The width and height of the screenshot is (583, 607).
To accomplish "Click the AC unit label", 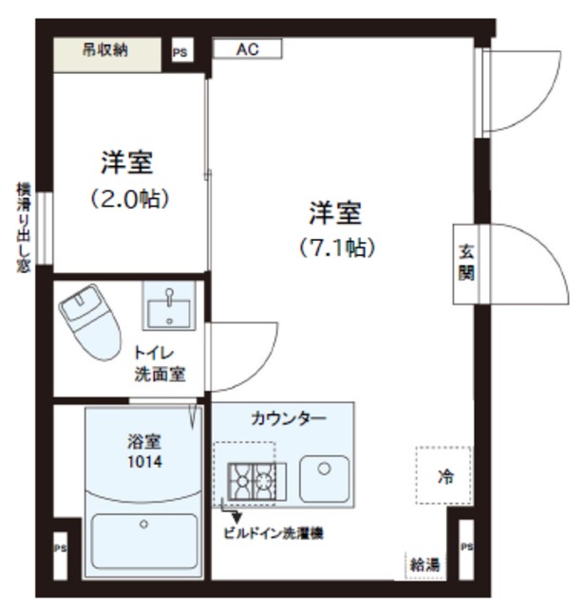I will [x=247, y=48].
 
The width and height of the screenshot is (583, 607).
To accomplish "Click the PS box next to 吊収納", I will [x=179, y=53].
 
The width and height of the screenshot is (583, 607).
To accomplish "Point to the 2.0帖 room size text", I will [x=129, y=199].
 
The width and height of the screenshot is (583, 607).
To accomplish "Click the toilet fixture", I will [x=92, y=322].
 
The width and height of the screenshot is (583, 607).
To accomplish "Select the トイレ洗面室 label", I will [x=159, y=363].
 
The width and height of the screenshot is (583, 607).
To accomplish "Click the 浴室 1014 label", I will [x=145, y=452].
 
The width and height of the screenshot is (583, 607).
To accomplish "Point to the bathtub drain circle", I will [x=143, y=524].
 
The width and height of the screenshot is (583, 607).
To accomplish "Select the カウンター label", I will [x=289, y=417].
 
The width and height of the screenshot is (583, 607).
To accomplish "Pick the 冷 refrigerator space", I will [x=442, y=477].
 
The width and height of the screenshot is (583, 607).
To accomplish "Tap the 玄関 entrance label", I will [x=466, y=265].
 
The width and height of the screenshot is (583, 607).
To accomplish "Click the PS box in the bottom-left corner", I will [x=59, y=548].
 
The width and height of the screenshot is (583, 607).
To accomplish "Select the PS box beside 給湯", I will [x=465, y=548].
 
